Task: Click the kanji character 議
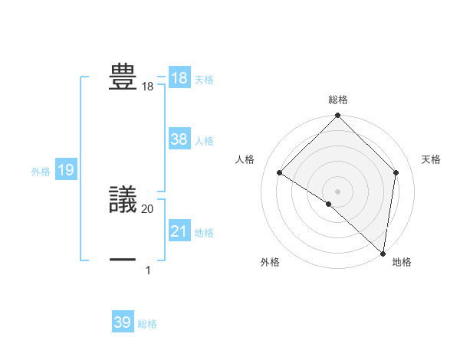pos(123,200)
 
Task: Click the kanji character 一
pos(123,260)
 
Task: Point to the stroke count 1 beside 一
pos(147,270)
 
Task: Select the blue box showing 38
pos(179,139)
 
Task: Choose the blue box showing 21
pos(179,231)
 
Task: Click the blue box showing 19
pos(66,170)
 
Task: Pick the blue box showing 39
pos(123,322)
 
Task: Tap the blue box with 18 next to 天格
pos(179,78)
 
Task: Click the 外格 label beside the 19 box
pos(41,172)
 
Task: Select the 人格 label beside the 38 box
pos(204,141)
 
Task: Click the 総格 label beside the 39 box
pos(147,324)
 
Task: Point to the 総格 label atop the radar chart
pos(338,100)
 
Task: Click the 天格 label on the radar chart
pos(432,159)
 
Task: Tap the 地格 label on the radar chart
pos(402,262)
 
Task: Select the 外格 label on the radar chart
pos(270,262)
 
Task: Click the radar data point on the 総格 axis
pos(338,116)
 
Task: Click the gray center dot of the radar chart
pos(338,191)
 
